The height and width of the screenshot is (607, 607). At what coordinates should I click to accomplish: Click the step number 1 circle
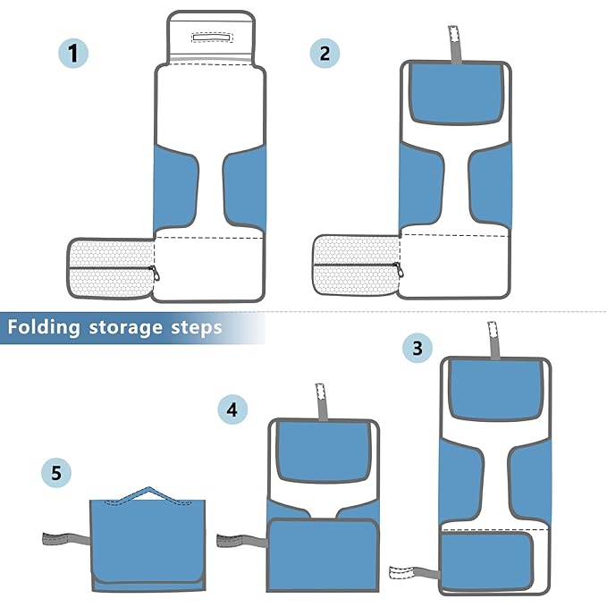pos(74,53)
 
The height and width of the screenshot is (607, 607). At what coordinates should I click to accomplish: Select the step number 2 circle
pos(325,53)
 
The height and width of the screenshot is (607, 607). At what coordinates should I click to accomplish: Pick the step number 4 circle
pos(232,410)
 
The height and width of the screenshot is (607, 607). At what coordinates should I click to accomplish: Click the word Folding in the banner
pos(44,327)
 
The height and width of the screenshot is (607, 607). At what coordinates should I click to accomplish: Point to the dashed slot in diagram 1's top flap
pos(211,38)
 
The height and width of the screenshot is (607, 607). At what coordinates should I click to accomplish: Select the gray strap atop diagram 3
pos(493,340)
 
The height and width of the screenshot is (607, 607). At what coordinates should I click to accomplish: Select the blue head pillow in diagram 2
pos(455,94)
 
